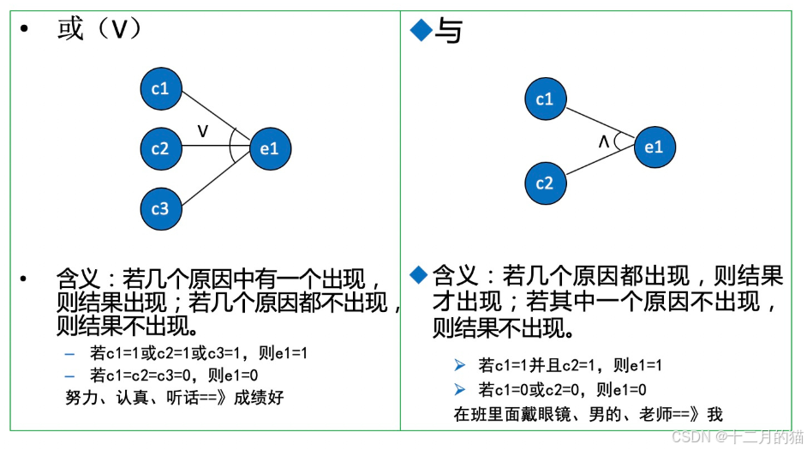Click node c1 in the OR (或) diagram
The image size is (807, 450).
[161, 88]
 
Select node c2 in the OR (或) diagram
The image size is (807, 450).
[161, 148]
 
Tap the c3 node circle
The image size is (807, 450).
[161, 208]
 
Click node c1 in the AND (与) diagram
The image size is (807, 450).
[545, 100]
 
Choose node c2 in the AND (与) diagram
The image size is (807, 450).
[545, 183]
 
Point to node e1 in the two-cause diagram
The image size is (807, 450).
[655, 147]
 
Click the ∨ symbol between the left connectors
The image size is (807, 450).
[203, 130]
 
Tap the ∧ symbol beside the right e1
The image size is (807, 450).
[604, 142]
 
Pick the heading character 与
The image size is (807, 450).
[449, 31]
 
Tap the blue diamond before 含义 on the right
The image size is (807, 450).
[418, 274]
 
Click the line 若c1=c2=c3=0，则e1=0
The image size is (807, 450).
[174, 375]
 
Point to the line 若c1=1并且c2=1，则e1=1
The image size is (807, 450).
[571, 365]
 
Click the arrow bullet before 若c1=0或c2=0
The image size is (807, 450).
[461, 390]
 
